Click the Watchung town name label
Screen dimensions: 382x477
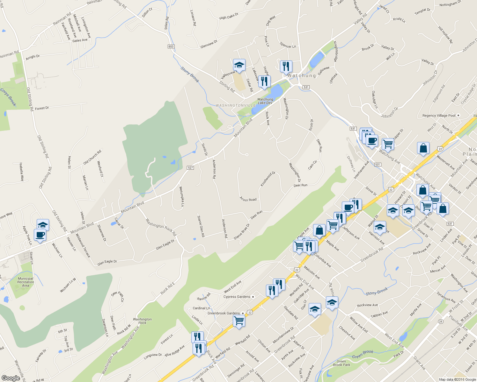point(301,76)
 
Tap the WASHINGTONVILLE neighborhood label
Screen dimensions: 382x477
point(235,105)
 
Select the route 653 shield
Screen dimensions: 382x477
point(171,46)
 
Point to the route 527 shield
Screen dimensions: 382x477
point(190,168)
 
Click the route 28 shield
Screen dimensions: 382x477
point(441,321)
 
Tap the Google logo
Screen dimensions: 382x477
point(11,378)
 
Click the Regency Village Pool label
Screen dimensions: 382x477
point(439,116)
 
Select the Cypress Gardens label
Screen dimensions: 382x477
point(237,297)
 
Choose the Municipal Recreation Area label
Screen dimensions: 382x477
point(26,282)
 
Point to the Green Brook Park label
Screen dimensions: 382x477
point(341,363)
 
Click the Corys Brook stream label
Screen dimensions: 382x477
point(8,97)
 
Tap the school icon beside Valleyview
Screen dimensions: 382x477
point(239,65)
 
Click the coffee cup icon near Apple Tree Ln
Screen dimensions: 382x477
point(40,235)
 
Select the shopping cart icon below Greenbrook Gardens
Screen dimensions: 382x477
point(239,321)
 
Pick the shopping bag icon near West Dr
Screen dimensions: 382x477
point(423,148)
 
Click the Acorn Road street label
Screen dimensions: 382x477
point(248,199)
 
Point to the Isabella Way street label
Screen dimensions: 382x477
point(21,172)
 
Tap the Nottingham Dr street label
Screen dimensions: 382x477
point(450,4)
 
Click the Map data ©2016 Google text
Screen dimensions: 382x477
point(457,379)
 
